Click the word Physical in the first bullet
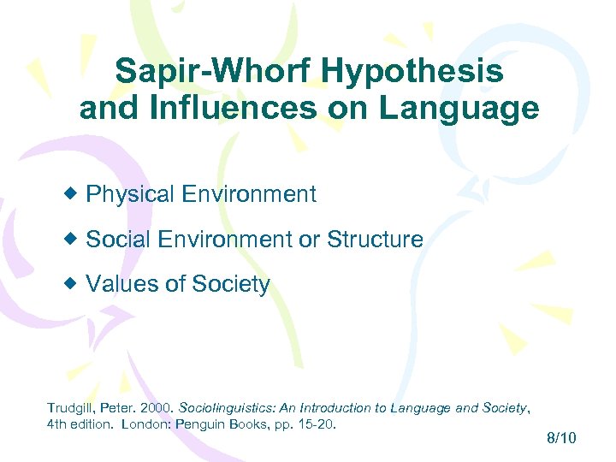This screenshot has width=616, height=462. [x=131, y=194]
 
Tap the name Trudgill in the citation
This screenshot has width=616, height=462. [x=70, y=408]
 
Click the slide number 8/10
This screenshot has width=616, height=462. [x=561, y=438]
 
